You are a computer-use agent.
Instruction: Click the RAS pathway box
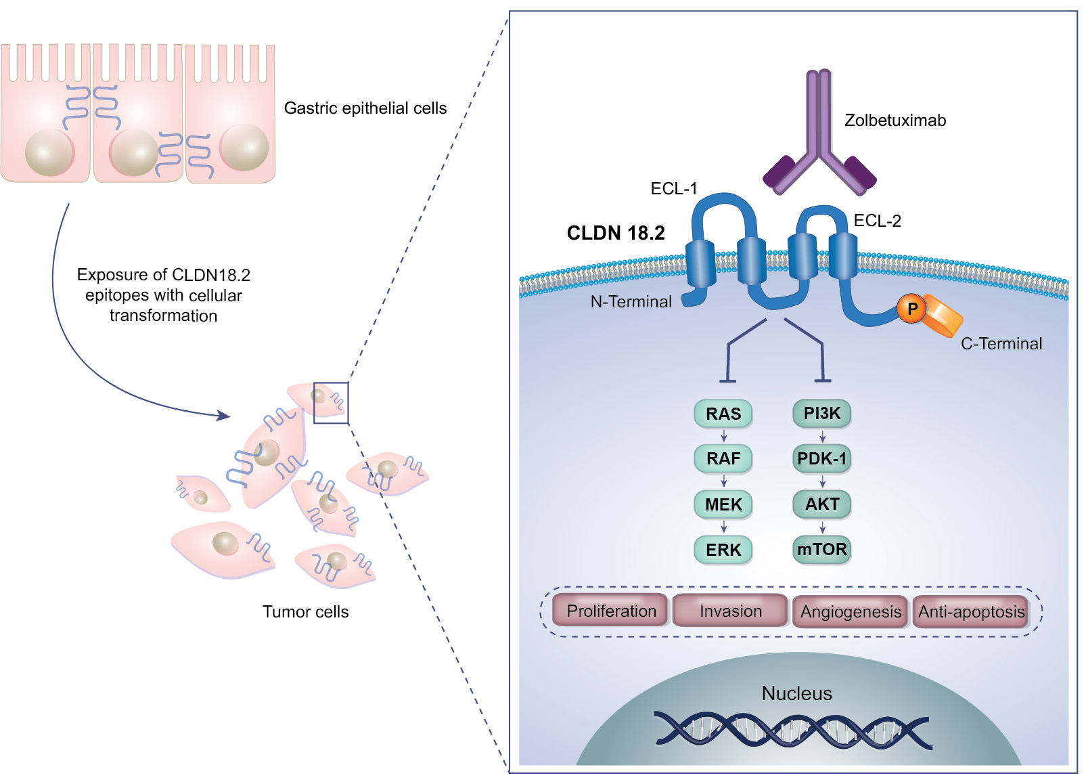723,414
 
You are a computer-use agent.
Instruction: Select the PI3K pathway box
821,413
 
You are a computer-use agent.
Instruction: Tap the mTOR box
821,549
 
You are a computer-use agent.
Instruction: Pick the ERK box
723,550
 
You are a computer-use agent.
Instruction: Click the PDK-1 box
821,458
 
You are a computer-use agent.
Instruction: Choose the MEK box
723,504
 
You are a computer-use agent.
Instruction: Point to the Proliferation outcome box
611,611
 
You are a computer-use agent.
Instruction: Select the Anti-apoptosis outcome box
970,611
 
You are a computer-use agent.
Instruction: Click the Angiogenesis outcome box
851,611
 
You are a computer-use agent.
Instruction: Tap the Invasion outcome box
730,611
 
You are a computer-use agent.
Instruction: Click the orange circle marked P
911,309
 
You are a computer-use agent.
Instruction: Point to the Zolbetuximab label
895,121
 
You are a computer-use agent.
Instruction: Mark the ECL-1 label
673,189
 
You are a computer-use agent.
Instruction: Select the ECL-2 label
877,221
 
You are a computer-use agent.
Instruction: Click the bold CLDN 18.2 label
615,233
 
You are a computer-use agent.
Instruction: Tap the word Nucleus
796,693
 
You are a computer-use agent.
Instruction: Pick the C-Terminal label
1001,344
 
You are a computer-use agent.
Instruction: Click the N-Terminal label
631,302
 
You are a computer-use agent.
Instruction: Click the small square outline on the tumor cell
331,403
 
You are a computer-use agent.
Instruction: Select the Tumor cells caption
305,612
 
